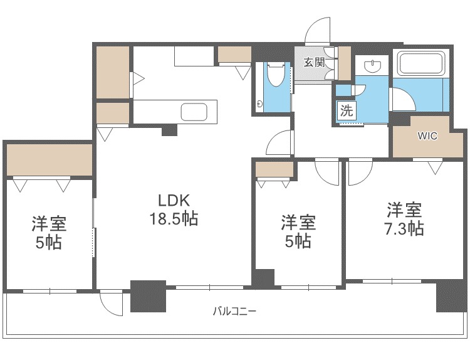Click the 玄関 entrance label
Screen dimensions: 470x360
[x=315, y=63]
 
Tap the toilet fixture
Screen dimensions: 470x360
[x=275, y=74]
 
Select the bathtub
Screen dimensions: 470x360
[x=420, y=63]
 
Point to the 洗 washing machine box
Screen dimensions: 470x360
[x=347, y=111]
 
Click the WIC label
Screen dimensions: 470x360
[x=428, y=136]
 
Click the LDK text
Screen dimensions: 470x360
[x=174, y=201]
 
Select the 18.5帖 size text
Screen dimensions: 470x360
[x=174, y=218]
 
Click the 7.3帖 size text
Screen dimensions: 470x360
[x=404, y=228]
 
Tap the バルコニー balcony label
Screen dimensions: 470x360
[x=234, y=311]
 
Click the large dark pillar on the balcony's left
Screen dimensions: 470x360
[x=148, y=296]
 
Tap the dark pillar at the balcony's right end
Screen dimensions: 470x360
[x=451, y=296]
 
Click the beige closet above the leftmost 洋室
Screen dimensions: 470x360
[x=49, y=160]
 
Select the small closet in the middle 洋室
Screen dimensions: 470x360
[x=274, y=169]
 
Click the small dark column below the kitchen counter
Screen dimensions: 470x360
[x=169, y=130]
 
